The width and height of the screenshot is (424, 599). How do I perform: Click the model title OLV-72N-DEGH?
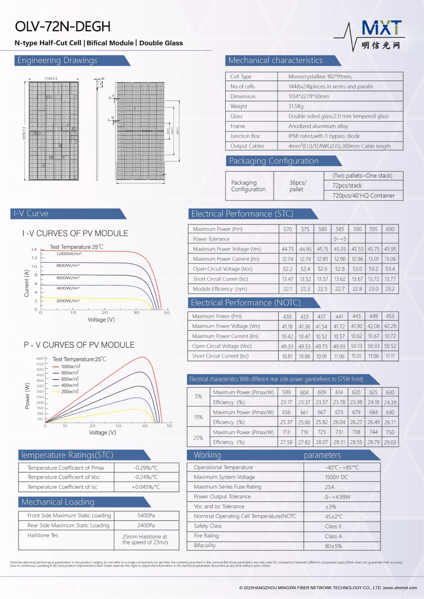63,27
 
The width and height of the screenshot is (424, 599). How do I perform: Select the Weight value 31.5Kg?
296,106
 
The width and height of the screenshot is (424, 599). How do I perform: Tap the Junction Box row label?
245,136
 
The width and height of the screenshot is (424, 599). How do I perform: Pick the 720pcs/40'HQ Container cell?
363,196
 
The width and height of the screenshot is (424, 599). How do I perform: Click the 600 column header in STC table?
390,229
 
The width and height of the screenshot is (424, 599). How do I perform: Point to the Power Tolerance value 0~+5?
340,239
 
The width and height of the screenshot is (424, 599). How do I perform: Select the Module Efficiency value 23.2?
390,289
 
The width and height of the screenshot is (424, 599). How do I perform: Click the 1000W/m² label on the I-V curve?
69,254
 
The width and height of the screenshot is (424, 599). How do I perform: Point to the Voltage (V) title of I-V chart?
101,320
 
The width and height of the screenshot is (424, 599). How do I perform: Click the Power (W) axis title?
28,396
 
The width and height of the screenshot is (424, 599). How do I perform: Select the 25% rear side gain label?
198,438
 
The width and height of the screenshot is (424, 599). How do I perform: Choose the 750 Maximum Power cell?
390,433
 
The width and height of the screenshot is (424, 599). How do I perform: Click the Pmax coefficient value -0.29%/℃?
145,468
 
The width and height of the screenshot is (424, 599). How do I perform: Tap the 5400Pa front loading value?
146,516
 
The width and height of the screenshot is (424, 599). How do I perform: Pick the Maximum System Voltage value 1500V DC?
336,477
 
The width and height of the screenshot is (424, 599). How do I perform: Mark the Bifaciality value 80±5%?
333,546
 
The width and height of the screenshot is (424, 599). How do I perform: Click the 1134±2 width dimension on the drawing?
51,79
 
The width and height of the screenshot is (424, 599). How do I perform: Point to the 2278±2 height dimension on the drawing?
24,133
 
